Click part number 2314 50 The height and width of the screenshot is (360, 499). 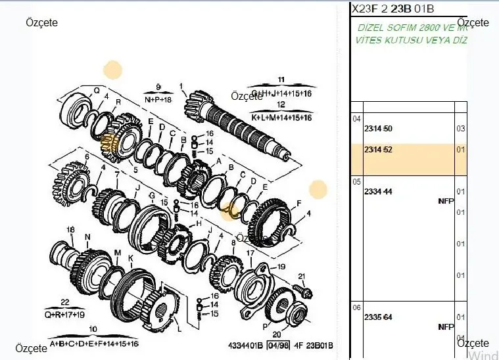[x=378, y=129]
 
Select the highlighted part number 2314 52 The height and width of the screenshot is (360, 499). [x=378, y=150]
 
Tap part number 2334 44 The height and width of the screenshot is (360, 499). [x=378, y=191]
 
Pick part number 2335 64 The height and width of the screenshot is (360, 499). [x=378, y=317]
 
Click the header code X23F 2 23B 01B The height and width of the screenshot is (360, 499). [x=392, y=9]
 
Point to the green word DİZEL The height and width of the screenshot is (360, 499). [x=372, y=28]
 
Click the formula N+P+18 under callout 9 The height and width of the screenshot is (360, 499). [x=158, y=99]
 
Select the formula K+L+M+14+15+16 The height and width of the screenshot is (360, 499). [x=281, y=117]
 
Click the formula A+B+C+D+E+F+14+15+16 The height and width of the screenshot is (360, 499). [x=94, y=344]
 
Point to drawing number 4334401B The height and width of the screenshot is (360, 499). [x=245, y=346]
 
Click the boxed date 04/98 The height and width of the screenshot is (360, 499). [x=279, y=346]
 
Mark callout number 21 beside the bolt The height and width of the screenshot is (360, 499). [x=302, y=276]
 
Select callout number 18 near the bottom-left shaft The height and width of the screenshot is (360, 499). [x=72, y=229]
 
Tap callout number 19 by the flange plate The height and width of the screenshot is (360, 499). [x=281, y=267]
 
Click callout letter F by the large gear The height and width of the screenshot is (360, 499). [x=298, y=202]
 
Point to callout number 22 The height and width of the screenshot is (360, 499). [x=64, y=302]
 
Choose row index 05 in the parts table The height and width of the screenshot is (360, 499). [x=356, y=181]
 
